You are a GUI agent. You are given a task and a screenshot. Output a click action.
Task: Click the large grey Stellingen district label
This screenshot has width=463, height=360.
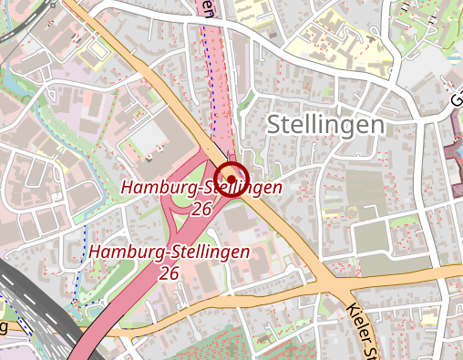click(x=324, y=126)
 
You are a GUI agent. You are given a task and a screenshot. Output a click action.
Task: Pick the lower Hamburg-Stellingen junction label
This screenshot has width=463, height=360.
click(x=170, y=252)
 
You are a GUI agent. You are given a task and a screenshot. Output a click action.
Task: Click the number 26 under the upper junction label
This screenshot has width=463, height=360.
click(x=202, y=209)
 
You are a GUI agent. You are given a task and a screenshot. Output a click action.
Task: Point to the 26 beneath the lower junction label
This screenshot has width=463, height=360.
click(x=169, y=272)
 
